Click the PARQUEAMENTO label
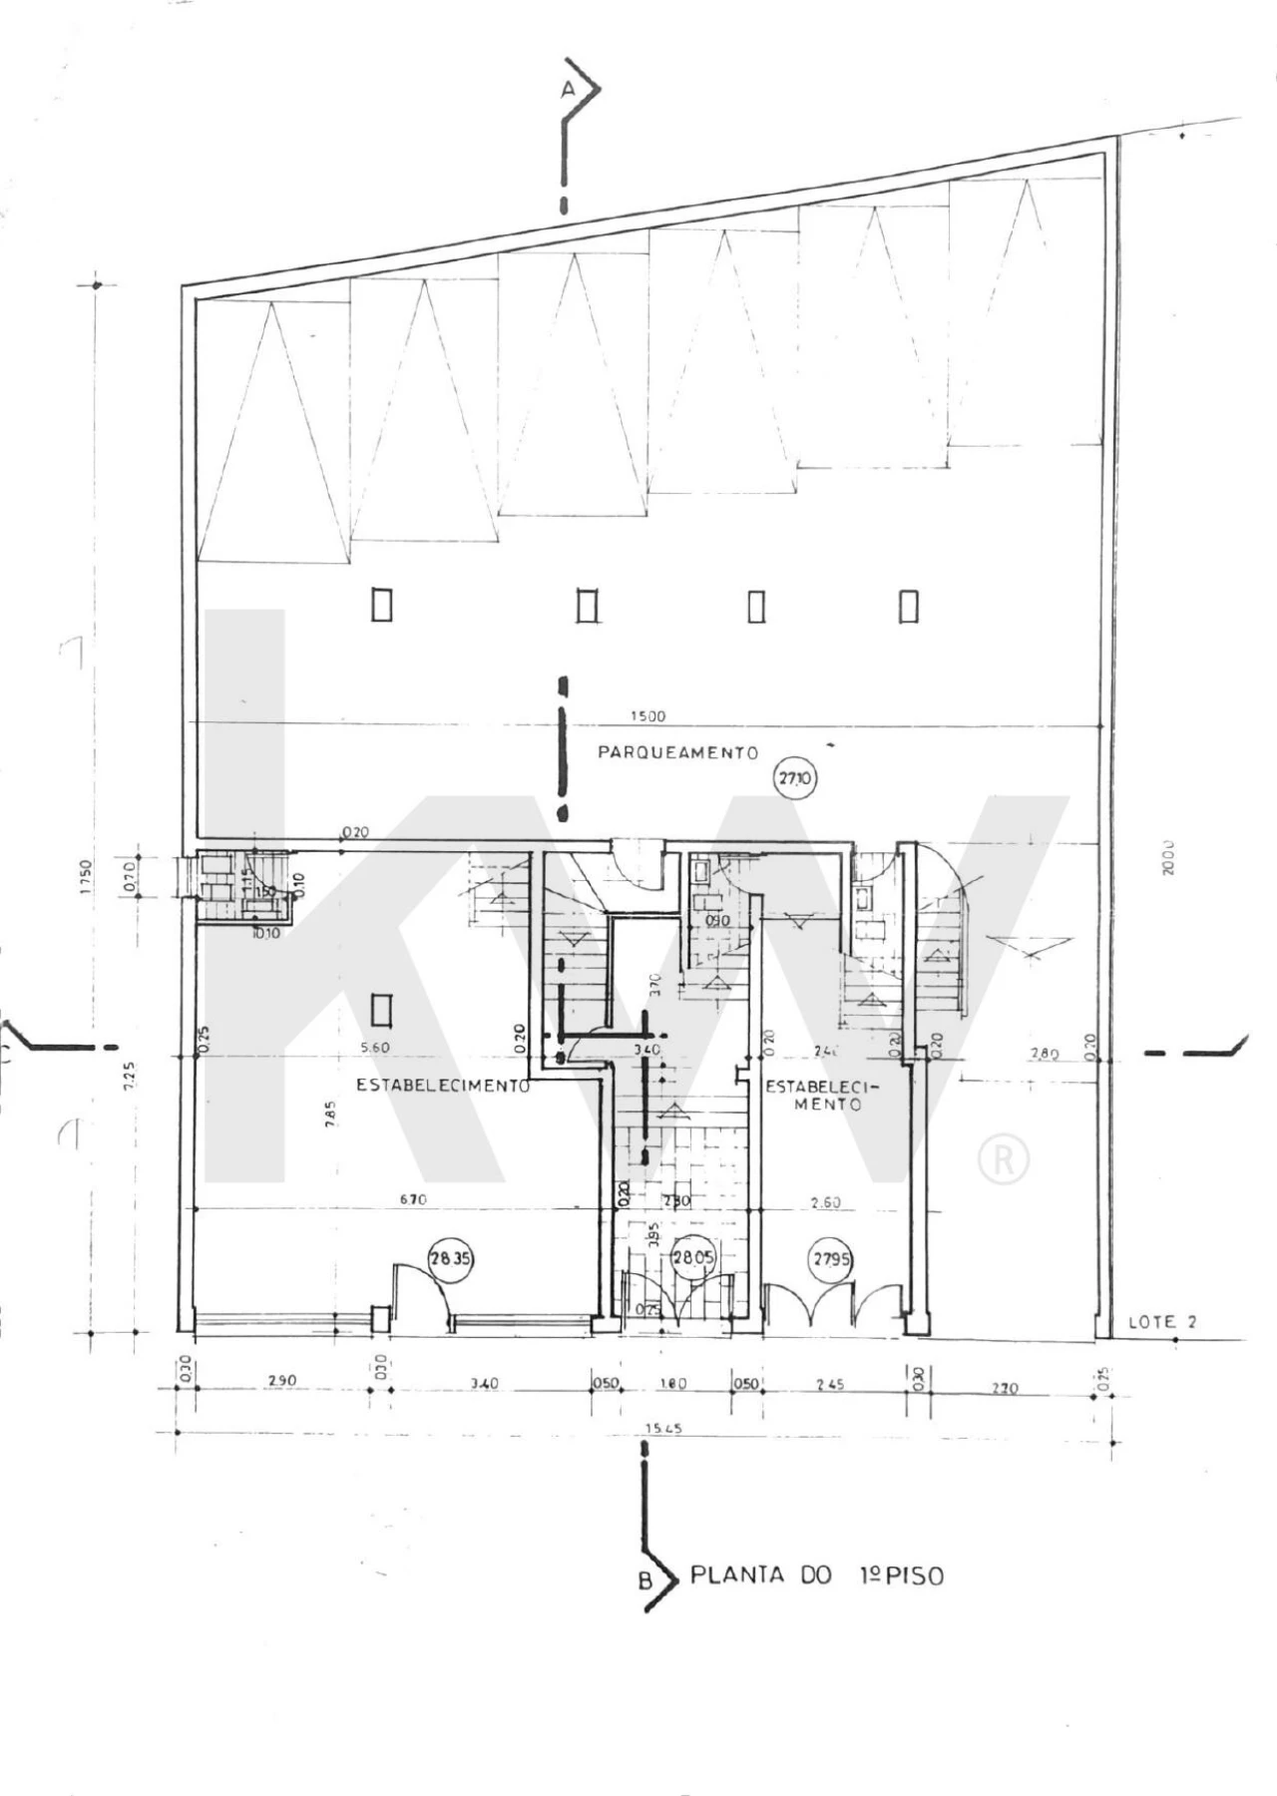[677, 752]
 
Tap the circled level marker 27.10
[794, 778]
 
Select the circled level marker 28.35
[449, 1259]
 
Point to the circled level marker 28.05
[693, 1257]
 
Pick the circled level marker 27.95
[831, 1259]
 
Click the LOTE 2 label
[1161, 1322]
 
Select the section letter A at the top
[568, 90]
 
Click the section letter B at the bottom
[645, 1580]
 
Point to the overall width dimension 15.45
[662, 1428]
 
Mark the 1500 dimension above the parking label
[647, 715]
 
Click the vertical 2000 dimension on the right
[1168, 857]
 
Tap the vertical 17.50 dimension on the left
[85, 877]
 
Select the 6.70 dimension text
[413, 1199]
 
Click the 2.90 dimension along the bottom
[282, 1381]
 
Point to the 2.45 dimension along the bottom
[829, 1384]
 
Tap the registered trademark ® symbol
[1003, 1159]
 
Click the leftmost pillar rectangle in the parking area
[381, 605]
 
